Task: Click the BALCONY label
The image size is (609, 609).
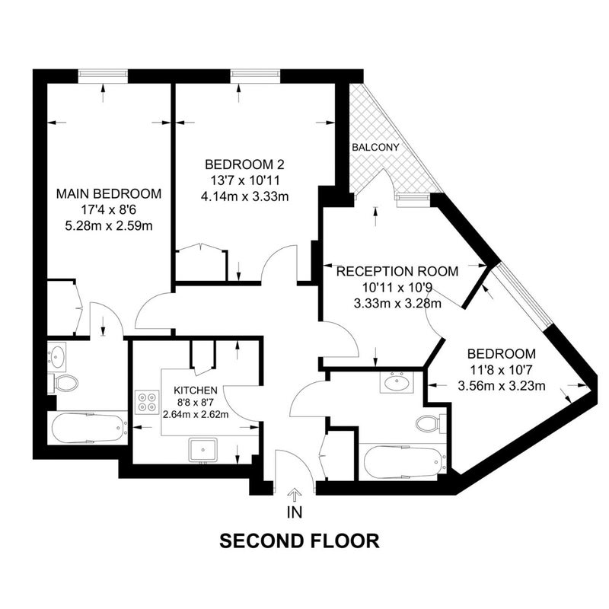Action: coord(375,148)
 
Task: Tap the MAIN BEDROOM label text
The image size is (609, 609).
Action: coord(109,193)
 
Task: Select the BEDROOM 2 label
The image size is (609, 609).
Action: coord(244,164)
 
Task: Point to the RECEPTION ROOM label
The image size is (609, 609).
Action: coord(397,271)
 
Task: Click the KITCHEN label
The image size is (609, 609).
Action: coord(196,390)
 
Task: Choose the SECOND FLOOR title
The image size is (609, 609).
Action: coord(299,541)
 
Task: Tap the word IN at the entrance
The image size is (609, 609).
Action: coord(295,512)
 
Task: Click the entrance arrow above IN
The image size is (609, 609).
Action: coord(295,496)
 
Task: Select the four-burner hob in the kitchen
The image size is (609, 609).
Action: coord(147,402)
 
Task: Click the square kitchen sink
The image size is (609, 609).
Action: coord(202,450)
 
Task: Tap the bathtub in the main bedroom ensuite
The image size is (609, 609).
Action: coord(88,428)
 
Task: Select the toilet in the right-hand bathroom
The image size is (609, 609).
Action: coord(430,424)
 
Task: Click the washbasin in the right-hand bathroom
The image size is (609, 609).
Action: coord(397,382)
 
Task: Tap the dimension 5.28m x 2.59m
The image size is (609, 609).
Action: coord(109,225)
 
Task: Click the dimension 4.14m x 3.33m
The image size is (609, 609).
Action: coord(244,196)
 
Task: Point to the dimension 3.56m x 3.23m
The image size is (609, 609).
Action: coord(502,386)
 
